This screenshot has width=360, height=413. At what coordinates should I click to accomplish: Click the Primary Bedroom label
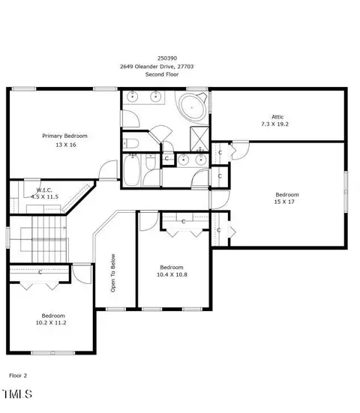point(64,136)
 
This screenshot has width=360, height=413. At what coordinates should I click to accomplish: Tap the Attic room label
point(277,117)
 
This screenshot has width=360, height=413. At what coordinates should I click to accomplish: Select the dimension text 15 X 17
point(284,202)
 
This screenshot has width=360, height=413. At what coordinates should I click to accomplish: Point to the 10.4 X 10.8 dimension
point(172,274)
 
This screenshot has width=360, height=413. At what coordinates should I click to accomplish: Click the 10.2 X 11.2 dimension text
point(51,322)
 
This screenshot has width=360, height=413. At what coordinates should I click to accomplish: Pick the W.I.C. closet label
point(44,190)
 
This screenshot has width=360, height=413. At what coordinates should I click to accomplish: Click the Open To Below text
point(113,273)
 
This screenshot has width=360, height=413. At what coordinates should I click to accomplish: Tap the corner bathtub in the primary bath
point(192,107)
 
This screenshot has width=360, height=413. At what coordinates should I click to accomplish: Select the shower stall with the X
point(199,139)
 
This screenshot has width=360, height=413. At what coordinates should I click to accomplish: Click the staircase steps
point(49,239)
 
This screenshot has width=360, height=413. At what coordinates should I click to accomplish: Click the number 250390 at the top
point(167,58)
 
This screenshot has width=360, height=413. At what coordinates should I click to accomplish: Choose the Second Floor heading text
point(162,74)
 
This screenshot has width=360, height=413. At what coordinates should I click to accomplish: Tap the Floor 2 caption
point(18,376)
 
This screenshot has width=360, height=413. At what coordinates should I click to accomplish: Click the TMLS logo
point(17,394)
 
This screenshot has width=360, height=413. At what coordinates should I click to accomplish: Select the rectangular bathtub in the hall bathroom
point(131,170)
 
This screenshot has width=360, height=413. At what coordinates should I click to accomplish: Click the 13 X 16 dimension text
point(66,145)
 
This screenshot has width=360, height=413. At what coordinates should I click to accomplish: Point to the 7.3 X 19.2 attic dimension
point(275,124)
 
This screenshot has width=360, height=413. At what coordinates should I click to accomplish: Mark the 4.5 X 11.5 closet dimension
point(44,196)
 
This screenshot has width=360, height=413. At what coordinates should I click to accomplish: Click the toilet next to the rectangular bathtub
point(151,161)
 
